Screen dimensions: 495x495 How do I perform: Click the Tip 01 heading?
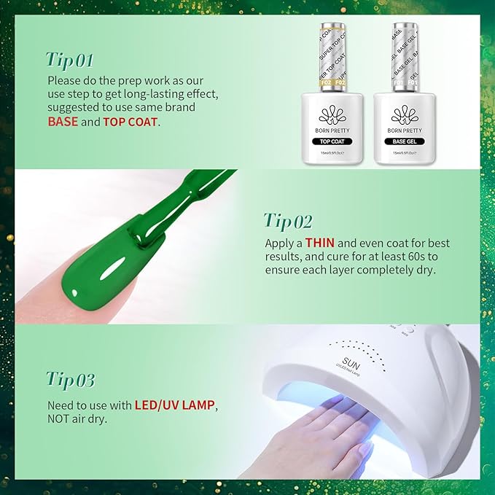(x=69, y=58)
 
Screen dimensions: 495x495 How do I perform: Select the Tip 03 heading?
(x=70, y=379)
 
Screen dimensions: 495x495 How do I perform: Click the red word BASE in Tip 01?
(x=63, y=122)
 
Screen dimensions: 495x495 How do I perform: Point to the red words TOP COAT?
(x=130, y=122)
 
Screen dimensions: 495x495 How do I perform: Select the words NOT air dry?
(x=77, y=418)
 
